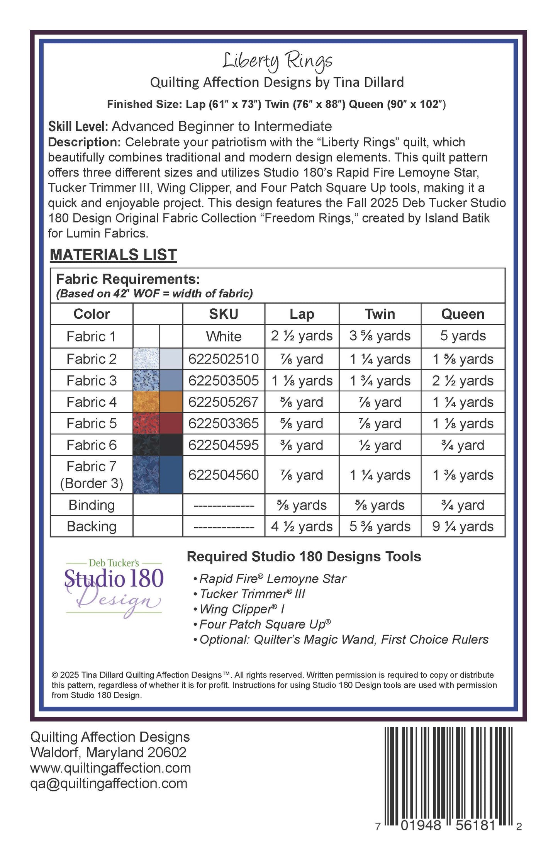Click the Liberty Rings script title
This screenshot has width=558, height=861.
(x=277, y=61)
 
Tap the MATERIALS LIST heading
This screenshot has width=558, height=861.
(x=113, y=255)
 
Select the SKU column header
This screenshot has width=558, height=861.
(x=224, y=314)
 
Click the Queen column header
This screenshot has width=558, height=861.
(x=463, y=314)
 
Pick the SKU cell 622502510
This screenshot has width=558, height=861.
(x=224, y=359)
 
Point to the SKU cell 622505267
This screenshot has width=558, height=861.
(x=224, y=402)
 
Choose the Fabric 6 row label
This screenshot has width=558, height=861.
(x=92, y=445)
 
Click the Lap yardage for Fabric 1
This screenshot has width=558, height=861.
(x=302, y=336)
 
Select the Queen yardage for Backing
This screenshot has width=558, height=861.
(x=463, y=526)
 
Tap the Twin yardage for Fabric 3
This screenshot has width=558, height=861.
(x=380, y=381)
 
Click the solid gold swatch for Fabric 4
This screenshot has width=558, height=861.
(x=171, y=402)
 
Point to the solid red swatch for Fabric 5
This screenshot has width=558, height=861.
(x=171, y=423)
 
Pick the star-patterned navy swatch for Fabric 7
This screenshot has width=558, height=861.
(x=146, y=475)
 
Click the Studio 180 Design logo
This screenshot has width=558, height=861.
(x=114, y=587)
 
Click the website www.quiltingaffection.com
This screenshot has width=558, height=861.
(x=110, y=768)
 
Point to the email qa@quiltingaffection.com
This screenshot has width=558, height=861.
(x=109, y=783)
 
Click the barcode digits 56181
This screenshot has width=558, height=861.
(x=475, y=825)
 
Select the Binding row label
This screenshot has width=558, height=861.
(x=92, y=505)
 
